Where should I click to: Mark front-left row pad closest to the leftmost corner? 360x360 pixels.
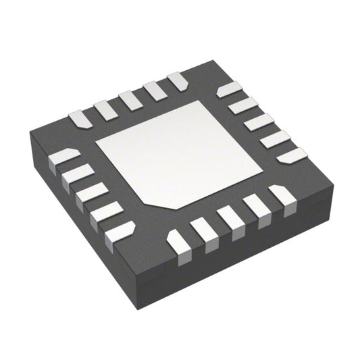[x=63, y=157]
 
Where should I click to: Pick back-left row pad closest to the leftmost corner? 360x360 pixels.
[x=80, y=119]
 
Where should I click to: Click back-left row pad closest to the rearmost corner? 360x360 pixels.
[x=178, y=80]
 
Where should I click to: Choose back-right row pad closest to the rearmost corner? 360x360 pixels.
[x=229, y=88]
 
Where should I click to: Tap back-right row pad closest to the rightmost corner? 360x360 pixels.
[x=291, y=155]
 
